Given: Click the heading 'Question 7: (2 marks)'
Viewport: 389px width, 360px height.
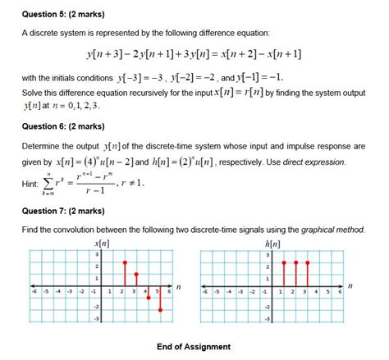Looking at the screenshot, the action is pyautogui.click(x=57, y=212).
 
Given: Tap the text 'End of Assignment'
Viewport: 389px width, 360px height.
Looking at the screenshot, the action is pyautogui.click(x=194, y=346).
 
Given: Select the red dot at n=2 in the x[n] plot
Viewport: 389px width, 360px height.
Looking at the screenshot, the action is pyautogui.click(x=124, y=262).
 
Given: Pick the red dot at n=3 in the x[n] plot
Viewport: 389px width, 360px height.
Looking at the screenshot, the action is pyautogui.click(x=136, y=274).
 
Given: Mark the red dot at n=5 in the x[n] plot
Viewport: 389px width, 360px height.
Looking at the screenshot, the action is pyautogui.click(x=160, y=309).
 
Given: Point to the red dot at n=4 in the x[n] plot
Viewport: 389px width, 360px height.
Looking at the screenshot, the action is pyautogui.click(x=149, y=298).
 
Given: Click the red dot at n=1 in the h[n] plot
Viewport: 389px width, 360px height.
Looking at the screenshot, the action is pyautogui.click(x=283, y=262).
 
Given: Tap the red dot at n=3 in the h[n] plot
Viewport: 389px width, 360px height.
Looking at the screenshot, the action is pyautogui.click(x=307, y=262).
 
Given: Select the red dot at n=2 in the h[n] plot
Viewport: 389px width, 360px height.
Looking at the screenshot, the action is pyautogui.click(x=295, y=262).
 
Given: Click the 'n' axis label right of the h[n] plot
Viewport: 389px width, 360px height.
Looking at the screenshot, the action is pyautogui.click(x=350, y=286).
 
